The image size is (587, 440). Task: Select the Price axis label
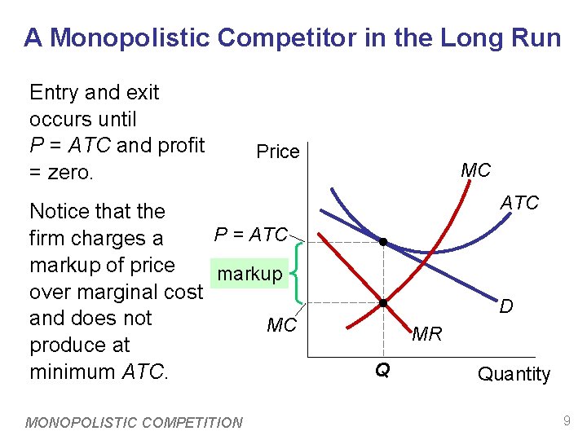277,152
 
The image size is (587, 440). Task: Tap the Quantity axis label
514,374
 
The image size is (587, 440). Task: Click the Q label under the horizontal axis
382,371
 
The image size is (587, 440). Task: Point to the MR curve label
426,334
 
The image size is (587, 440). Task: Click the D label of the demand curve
506,307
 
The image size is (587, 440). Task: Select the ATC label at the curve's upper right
519,203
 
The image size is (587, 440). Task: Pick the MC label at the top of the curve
475,170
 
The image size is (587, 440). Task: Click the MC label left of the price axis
281,326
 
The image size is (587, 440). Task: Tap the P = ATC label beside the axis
250,235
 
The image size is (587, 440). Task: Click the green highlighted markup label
249,274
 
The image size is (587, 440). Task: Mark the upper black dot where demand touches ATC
382,242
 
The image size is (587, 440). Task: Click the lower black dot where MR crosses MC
382,303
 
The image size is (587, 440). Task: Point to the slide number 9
566,421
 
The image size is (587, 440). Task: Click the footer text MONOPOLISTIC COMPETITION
135,422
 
